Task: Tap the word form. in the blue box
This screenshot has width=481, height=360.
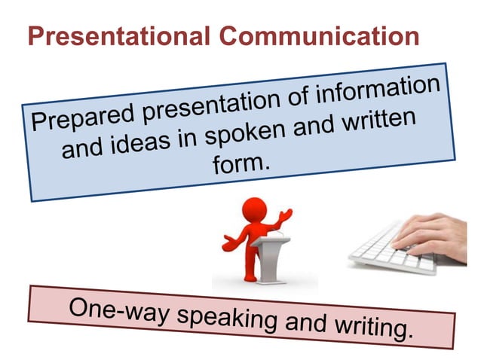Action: click(240, 163)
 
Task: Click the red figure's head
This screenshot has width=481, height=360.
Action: click(256, 209)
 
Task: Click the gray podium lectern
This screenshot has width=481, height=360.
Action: click(268, 260)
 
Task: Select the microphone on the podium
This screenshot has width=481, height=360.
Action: click(279, 235)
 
